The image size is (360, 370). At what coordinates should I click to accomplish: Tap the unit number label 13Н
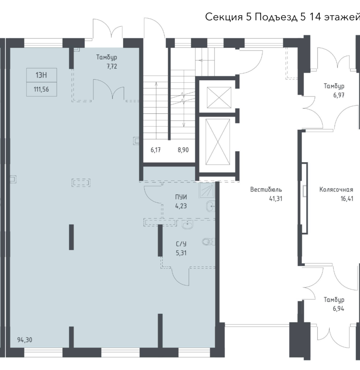click(41, 75)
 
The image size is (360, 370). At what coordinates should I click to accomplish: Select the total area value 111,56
click(41, 89)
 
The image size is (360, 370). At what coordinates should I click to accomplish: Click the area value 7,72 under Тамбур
click(112, 66)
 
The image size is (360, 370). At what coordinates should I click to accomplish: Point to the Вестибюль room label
click(266, 190)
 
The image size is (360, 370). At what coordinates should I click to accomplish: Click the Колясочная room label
click(336, 190)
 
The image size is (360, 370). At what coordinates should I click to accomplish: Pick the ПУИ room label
click(181, 197)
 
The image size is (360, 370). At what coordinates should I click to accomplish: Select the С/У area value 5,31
click(181, 253)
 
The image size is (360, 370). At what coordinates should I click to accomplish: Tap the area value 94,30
click(25, 340)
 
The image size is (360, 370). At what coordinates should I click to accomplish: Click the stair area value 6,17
click(156, 150)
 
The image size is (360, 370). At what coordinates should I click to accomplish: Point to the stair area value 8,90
click(183, 150)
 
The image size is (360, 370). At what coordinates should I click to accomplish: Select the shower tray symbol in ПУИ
click(207, 191)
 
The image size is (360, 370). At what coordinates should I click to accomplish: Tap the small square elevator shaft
click(219, 97)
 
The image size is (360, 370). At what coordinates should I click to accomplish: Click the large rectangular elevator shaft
click(218, 142)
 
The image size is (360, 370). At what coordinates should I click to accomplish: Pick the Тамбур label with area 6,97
click(334, 86)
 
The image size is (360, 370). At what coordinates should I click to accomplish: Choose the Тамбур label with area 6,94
click(334, 300)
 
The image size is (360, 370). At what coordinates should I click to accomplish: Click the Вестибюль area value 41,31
click(276, 199)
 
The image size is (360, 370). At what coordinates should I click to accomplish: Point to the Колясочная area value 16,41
click(347, 199)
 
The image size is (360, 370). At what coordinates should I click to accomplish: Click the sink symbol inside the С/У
click(188, 225)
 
